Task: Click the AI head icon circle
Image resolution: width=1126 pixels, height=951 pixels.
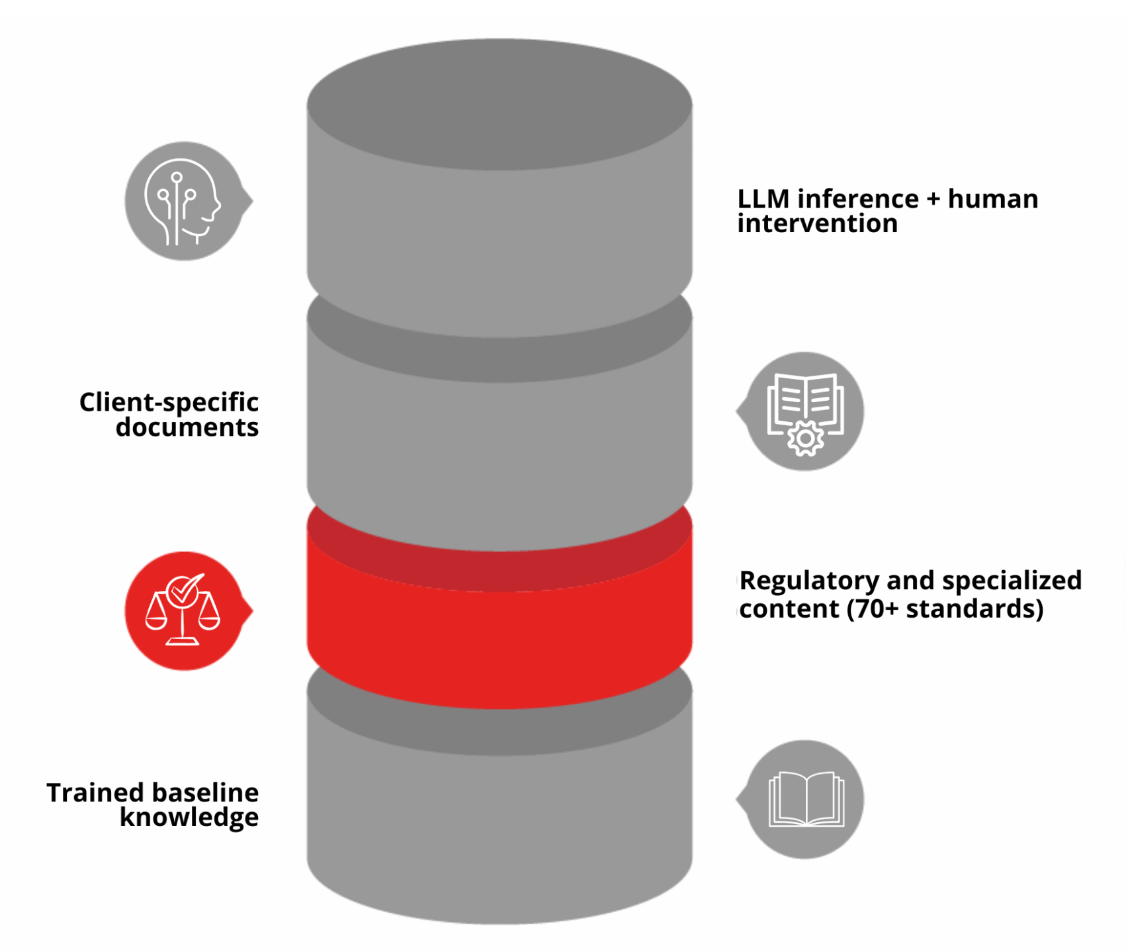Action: [x=184, y=201]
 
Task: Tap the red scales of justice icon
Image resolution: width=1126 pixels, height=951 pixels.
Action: [x=183, y=610]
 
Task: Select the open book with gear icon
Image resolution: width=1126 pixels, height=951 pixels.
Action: [x=805, y=411]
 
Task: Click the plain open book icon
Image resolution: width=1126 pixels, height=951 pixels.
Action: [x=806, y=799]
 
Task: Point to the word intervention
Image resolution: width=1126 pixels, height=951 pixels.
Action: [x=817, y=224]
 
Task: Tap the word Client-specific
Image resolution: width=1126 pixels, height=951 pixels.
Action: [x=169, y=402]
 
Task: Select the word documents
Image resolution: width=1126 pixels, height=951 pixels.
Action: [x=187, y=427]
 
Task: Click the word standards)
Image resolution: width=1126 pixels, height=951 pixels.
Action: [x=974, y=609]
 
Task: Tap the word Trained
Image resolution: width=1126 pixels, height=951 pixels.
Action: [x=95, y=792]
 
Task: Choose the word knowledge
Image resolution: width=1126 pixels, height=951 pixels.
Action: [x=189, y=817]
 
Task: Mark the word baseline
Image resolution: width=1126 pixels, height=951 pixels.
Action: [x=206, y=792]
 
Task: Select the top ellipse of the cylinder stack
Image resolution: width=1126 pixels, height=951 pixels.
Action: [x=499, y=104]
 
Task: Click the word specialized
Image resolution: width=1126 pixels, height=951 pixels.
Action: [x=1012, y=581]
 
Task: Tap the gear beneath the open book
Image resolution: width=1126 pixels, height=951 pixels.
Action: [x=805, y=438]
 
